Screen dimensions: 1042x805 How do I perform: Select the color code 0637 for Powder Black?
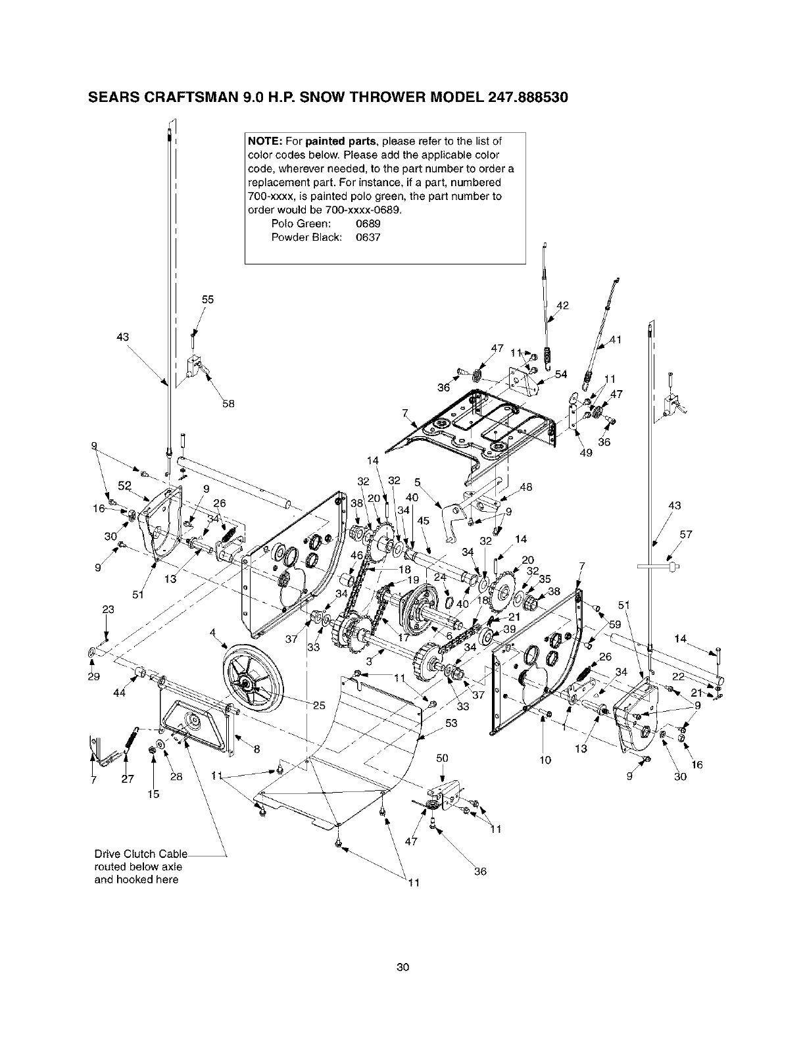[x=368, y=237]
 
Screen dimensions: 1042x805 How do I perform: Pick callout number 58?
[x=228, y=403]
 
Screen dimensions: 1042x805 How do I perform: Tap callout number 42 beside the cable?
[x=562, y=305]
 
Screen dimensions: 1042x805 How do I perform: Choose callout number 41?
[x=616, y=339]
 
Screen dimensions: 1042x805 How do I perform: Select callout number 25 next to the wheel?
[x=319, y=706]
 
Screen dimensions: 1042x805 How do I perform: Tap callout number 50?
[x=442, y=758]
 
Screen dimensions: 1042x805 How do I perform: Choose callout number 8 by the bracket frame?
[x=256, y=748]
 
